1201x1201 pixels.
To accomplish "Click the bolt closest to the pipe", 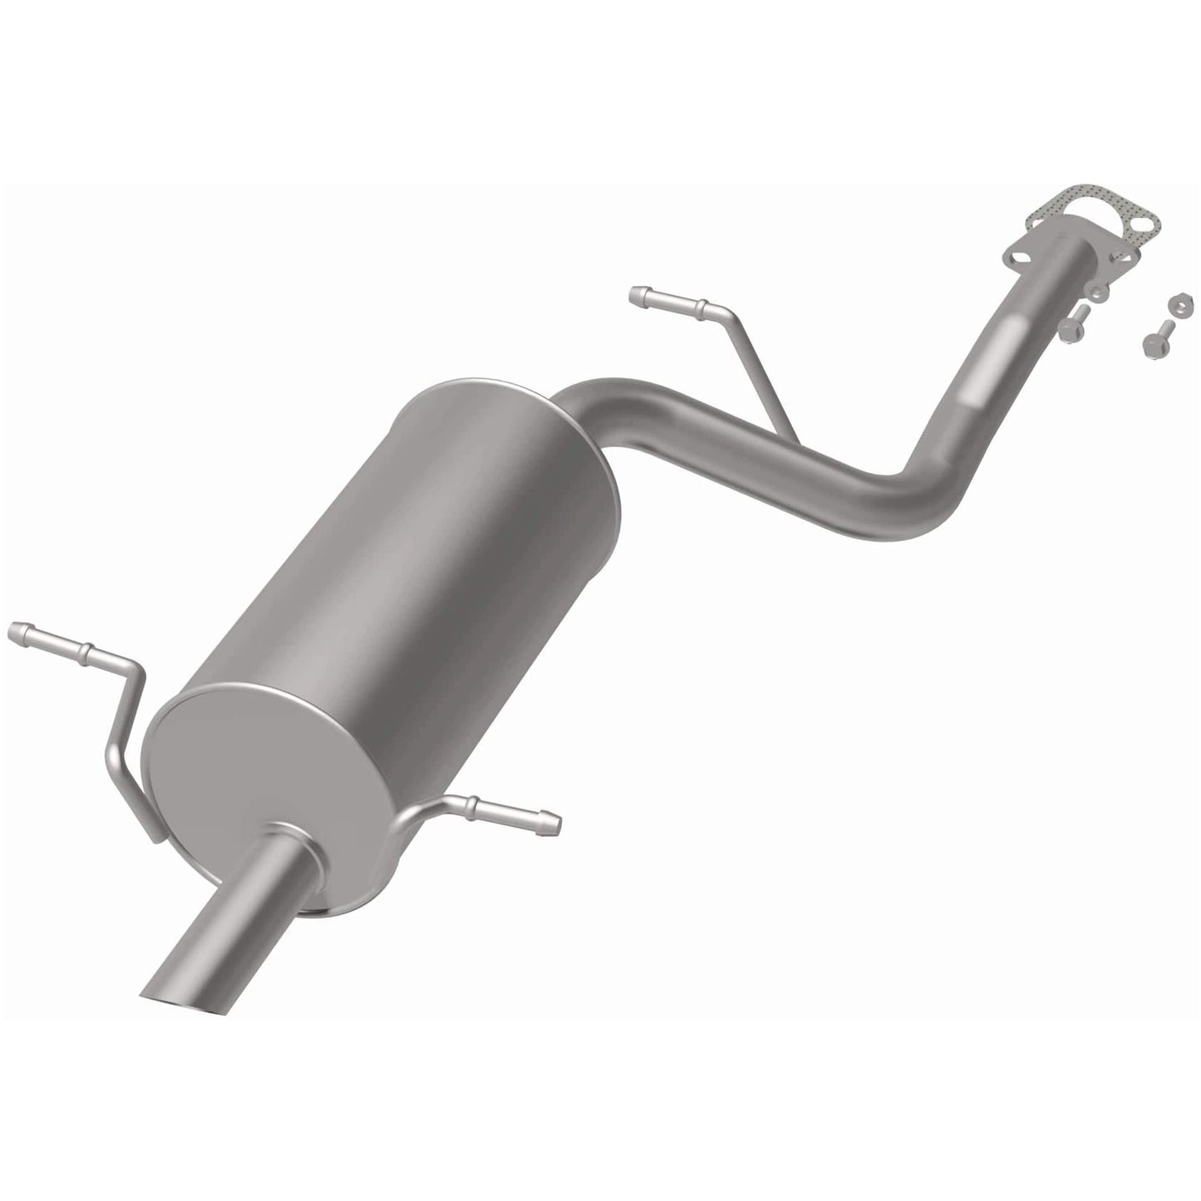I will [x=1073, y=322].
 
